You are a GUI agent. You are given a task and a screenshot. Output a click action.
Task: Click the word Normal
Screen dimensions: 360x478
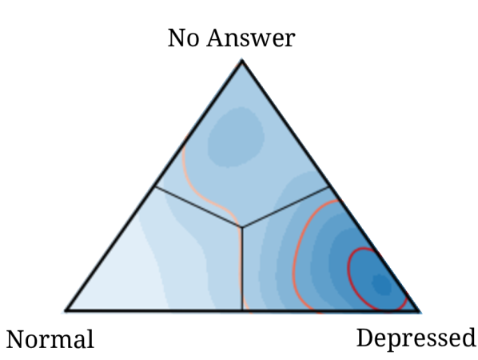pyautogui.click(x=50, y=339)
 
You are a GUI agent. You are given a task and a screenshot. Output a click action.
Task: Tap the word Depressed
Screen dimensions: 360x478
pyautogui.click(x=415, y=338)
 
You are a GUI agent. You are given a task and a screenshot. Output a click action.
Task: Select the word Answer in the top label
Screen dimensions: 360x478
pyautogui.click(x=251, y=38)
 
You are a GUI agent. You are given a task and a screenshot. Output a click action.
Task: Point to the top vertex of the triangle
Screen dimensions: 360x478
pyautogui.click(x=242, y=62)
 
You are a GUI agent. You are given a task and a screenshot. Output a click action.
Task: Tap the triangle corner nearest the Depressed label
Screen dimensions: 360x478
pyautogui.click(x=419, y=310)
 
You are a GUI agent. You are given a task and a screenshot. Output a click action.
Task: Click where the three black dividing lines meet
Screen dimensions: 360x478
pyautogui.click(x=241, y=227)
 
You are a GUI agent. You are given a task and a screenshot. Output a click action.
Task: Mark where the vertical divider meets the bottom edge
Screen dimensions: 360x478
pyautogui.click(x=241, y=310)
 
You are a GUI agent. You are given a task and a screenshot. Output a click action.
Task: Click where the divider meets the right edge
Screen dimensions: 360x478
pyautogui.click(x=330, y=187)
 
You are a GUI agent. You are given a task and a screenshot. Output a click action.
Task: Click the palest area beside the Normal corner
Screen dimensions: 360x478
pyautogui.click(x=120, y=276)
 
